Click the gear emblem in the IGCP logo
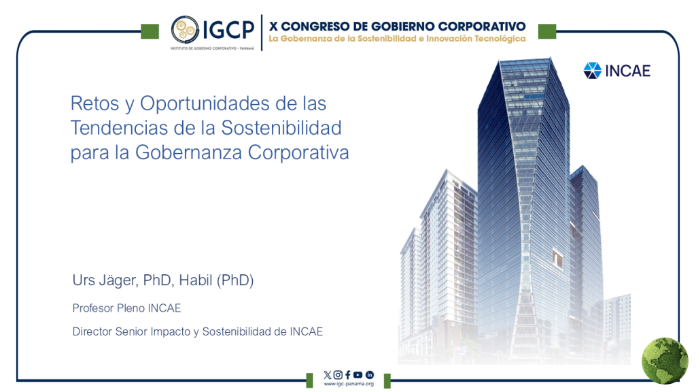[x=185, y=29]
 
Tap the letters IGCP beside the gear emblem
[x=228, y=30]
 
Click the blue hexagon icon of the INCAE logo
[x=592, y=71]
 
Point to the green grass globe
[x=665, y=361]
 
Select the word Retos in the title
[x=95, y=103]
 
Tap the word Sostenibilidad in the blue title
[x=281, y=127]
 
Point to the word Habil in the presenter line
[x=195, y=280]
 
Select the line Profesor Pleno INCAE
[x=126, y=308]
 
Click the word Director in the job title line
[x=92, y=331]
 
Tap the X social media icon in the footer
[x=328, y=375]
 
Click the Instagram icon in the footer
[x=338, y=375]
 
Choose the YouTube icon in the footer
[x=358, y=375]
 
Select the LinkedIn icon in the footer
[x=369, y=375]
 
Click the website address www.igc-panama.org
[x=349, y=384]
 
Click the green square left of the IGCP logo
[x=150, y=31]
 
